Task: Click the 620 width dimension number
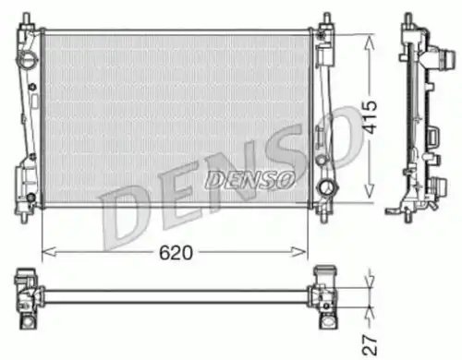(176, 253)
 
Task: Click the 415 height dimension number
(369, 117)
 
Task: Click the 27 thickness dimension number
(370, 345)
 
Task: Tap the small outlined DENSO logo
(249, 180)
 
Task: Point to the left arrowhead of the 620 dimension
(49, 252)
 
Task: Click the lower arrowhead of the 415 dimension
(369, 190)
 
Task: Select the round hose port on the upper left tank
(28, 58)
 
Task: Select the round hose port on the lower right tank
(328, 187)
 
